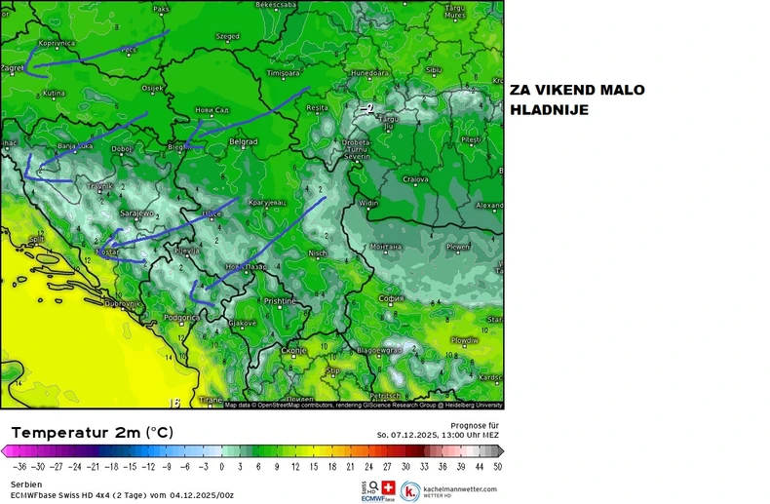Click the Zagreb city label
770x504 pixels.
tap(13, 68)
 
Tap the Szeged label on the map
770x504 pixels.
tap(227, 37)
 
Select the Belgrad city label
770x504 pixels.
tap(242, 142)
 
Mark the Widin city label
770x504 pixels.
tap(368, 203)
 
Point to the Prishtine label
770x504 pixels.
tap(280, 301)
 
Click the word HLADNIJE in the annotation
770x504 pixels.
tap(549, 110)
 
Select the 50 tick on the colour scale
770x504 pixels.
tap(497, 467)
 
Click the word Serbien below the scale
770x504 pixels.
tap(25, 484)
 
